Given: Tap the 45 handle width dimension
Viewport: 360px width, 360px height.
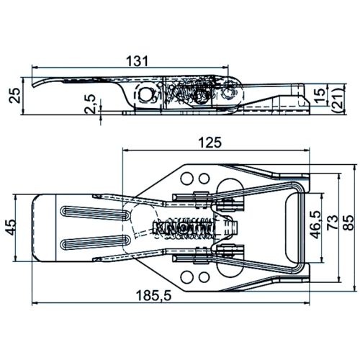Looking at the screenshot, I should (11, 228).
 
